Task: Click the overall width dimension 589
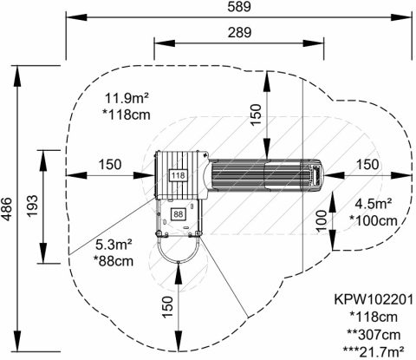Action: pyautogui.click(x=239, y=7)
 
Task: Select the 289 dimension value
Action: pyautogui.click(x=239, y=33)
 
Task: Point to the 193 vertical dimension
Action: pyautogui.click(x=32, y=206)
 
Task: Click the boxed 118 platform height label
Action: pyautogui.click(x=178, y=175)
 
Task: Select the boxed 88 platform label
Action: pyautogui.click(x=179, y=214)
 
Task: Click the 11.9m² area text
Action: pyautogui.click(x=127, y=98)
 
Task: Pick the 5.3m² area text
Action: pyautogui.click(x=114, y=245)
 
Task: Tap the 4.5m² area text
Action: pyautogui.click(x=374, y=204)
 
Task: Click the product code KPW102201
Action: pyautogui.click(x=374, y=299)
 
